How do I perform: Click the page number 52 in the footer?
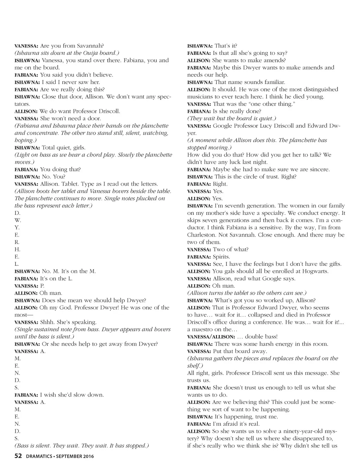(x=18, y=456)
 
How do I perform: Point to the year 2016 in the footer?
(x=88, y=457)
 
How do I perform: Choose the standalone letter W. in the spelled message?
(x=18, y=220)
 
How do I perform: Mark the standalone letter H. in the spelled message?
(x=18, y=249)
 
